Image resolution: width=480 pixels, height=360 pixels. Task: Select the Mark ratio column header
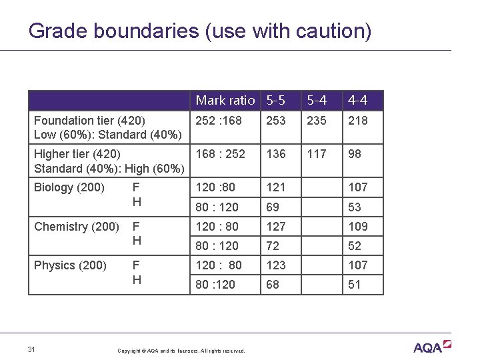[x=225, y=101]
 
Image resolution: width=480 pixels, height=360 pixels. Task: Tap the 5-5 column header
[x=276, y=101]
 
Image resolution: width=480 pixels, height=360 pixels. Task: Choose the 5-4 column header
[x=317, y=101]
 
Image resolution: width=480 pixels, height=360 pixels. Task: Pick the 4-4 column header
[x=357, y=101]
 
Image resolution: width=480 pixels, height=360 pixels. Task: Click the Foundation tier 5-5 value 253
[x=276, y=121]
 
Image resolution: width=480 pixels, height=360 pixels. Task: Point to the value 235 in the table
[x=317, y=121]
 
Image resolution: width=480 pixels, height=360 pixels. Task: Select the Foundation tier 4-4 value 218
[x=358, y=121]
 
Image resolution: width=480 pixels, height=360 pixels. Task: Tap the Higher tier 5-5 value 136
[x=276, y=154]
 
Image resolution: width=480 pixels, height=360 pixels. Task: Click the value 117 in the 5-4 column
[x=316, y=154]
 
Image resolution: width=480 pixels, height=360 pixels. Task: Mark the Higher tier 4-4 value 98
[x=355, y=154]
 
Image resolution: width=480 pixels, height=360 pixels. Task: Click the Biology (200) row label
[x=69, y=187]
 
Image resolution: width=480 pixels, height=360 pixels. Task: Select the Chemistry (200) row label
[x=77, y=227]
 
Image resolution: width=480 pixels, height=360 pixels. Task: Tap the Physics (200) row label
[x=70, y=265]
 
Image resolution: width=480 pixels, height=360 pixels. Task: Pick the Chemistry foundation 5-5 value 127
[x=276, y=227]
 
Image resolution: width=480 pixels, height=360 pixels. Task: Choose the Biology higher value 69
[x=273, y=207]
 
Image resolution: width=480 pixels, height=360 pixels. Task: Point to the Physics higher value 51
[x=355, y=285]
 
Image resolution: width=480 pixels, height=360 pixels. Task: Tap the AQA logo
[x=432, y=347]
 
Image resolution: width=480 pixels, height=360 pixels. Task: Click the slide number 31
[x=32, y=348]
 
